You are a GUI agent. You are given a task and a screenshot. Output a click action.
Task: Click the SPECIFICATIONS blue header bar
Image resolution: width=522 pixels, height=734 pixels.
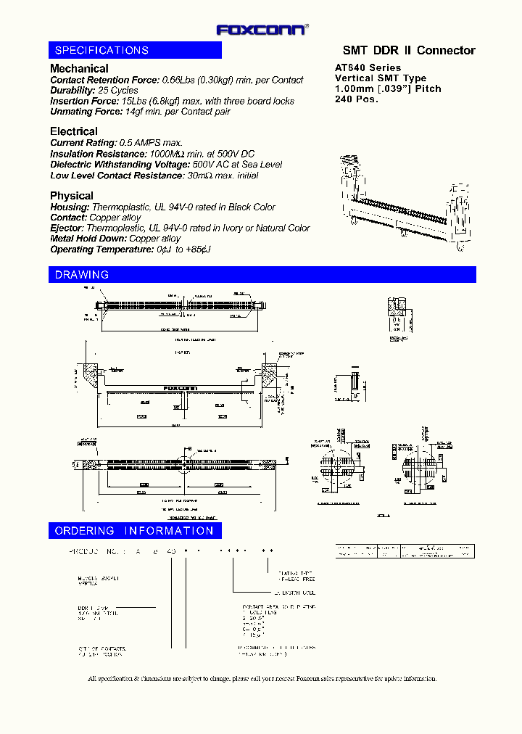135,50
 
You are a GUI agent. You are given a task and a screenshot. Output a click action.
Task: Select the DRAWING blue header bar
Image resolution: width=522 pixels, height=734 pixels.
262,275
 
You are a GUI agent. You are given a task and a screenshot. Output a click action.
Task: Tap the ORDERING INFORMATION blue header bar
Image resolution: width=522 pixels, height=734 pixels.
135,531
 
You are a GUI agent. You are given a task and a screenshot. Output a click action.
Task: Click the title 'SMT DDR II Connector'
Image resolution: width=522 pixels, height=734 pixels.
408,50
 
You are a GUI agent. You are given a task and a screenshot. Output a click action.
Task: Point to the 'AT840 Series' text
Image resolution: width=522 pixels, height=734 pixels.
368,67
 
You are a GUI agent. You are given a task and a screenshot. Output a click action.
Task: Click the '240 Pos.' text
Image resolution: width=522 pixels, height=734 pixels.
356,99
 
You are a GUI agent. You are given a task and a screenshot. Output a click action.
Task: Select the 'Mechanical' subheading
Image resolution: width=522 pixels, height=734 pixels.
79,68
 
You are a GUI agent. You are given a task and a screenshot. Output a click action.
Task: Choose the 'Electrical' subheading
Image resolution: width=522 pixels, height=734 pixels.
73,131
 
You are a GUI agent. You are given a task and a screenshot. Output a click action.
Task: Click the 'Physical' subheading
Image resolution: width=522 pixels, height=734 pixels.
71,195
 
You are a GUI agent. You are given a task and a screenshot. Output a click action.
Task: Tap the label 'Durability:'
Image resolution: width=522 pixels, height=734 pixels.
72,91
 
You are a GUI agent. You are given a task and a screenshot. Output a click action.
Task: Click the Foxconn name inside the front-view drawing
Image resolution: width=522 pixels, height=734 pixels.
181,388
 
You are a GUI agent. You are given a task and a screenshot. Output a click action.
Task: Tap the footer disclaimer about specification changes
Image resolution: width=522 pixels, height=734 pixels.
262,679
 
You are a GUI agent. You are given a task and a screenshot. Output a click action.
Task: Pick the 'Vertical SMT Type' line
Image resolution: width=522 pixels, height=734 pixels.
380,78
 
